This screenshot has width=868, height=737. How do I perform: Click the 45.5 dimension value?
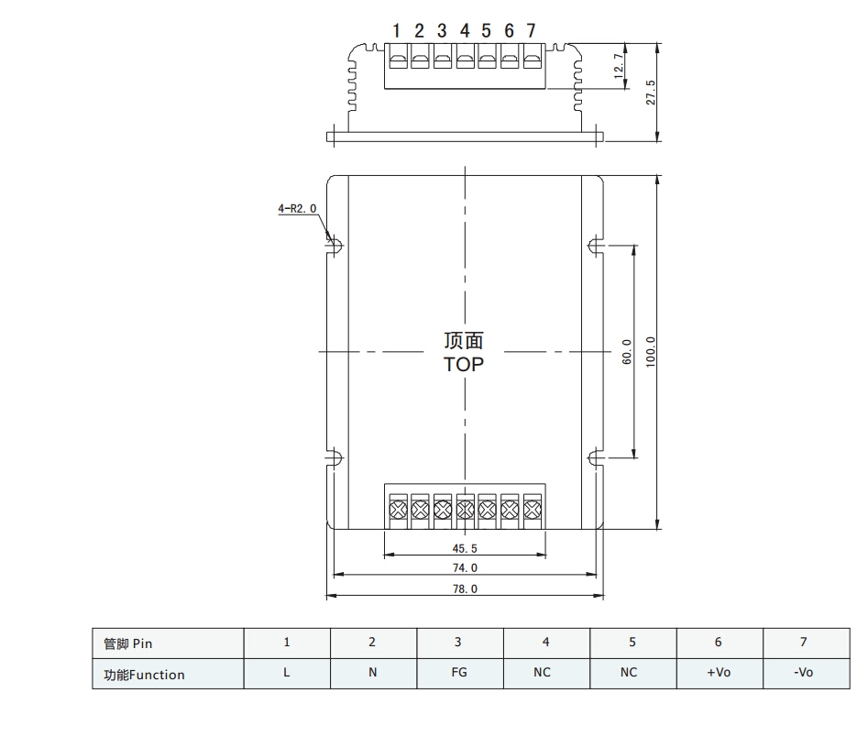[x=465, y=548]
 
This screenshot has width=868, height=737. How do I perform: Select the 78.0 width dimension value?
[x=465, y=588]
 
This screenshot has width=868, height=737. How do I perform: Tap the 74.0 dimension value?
[x=465, y=567]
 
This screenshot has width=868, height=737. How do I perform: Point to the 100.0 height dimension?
[x=651, y=351]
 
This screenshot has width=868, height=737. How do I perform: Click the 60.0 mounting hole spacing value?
[x=627, y=352]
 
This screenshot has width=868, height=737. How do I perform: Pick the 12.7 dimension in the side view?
[x=619, y=66]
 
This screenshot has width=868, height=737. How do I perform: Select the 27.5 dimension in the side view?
[x=651, y=92]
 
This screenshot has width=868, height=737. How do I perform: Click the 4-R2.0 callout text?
[x=297, y=208]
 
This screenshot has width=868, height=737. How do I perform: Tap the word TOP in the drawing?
[x=464, y=364]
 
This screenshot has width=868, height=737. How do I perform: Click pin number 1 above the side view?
[x=396, y=30]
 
